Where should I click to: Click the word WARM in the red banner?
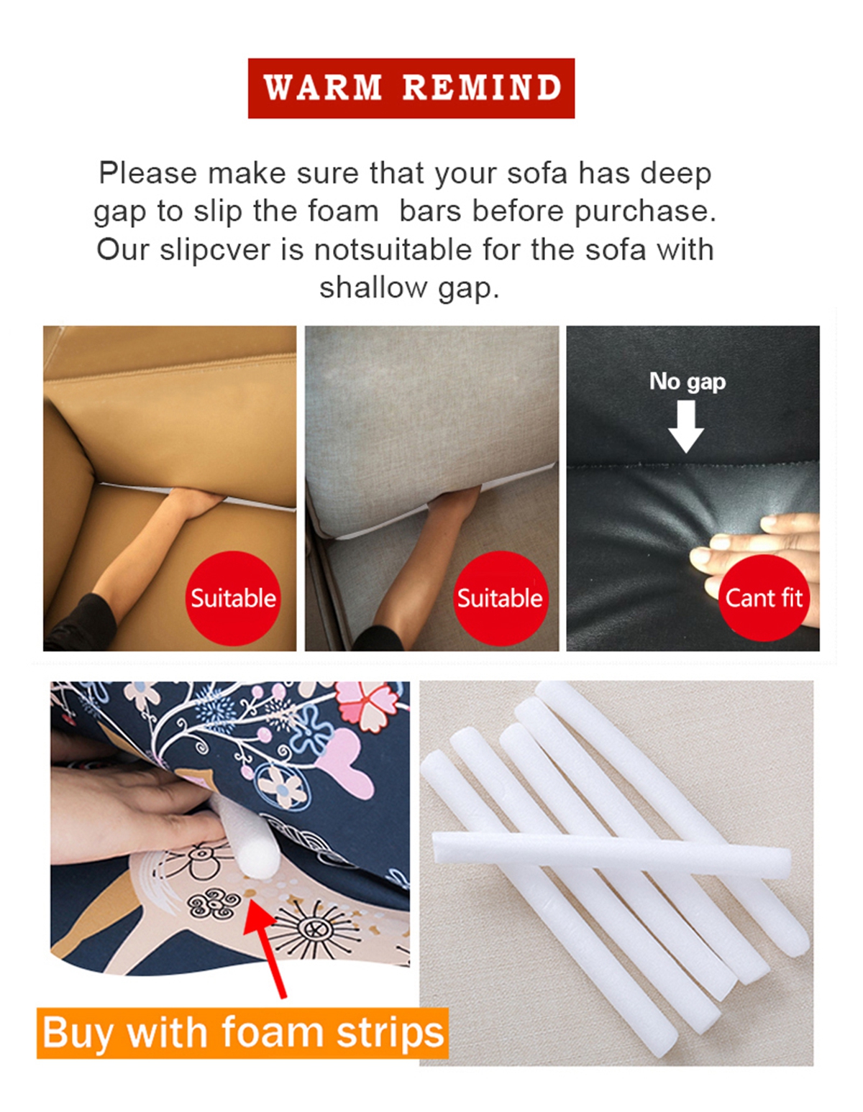(x=322, y=88)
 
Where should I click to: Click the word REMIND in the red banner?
(x=482, y=88)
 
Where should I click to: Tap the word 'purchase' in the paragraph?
(x=645, y=212)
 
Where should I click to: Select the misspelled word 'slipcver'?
(x=215, y=251)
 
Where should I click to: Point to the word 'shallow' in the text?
(x=373, y=288)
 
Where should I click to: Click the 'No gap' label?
(x=687, y=382)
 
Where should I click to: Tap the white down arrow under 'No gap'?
(x=686, y=426)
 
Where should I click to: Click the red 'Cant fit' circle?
(x=764, y=598)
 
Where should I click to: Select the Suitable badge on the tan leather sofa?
(x=233, y=598)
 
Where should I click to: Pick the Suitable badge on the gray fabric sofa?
(x=500, y=598)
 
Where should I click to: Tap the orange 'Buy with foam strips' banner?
(x=242, y=1033)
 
